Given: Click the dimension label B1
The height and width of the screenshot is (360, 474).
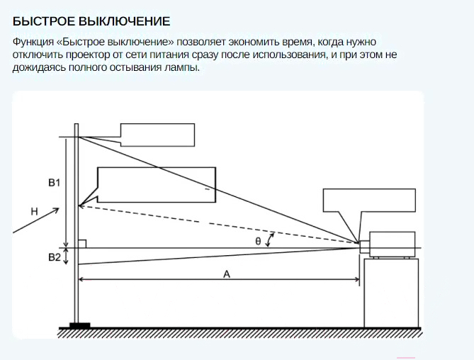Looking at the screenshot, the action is pyautogui.click(x=55, y=183).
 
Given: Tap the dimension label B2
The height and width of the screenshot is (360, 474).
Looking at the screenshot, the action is pyautogui.click(x=55, y=257).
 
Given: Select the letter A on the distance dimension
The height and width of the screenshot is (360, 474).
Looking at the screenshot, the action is pyautogui.click(x=227, y=274).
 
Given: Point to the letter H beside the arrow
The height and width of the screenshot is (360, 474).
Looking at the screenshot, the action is pyautogui.click(x=35, y=211).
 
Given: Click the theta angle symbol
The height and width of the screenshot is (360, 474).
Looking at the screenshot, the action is pyautogui.click(x=258, y=241).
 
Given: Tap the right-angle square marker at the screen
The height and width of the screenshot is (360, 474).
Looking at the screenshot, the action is pyautogui.click(x=82, y=244).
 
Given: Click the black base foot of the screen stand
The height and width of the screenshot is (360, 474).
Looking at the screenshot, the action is pyautogui.click(x=80, y=325).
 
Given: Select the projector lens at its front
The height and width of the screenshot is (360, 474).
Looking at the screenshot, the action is pyautogui.click(x=365, y=247).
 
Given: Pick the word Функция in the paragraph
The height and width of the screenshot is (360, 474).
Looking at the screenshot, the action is pyautogui.click(x=33, y=42).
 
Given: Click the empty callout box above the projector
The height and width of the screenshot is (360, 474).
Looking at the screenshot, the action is pyautogui.click(x=369, y=200).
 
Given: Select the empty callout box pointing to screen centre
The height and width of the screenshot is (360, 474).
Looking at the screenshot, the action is pyautogui.click(x=157, y=185).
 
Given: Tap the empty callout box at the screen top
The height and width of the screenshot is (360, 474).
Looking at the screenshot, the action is pyautogui.click(x=157, y=135).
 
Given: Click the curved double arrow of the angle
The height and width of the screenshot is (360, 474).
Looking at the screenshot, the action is pyautogui.click(x=269, y=240).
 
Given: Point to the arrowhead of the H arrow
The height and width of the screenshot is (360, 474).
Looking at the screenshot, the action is pyautogui.click(x=56, y=210).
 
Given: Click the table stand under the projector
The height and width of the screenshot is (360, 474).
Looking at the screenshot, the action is pyautogui.click(x=392, y=293).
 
